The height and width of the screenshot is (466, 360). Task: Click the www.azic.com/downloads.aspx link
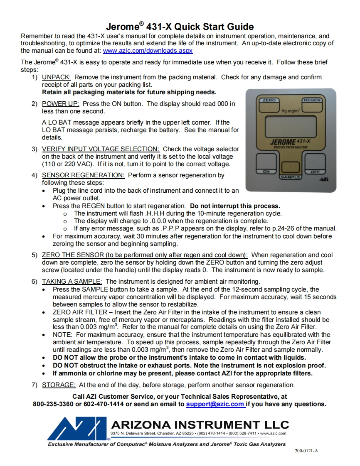148,51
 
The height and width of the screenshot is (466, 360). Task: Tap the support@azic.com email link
215,404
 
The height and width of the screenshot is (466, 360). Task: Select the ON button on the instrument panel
266,163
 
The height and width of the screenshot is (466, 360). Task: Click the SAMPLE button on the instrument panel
290,169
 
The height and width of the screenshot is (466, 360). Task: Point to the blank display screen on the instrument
290,125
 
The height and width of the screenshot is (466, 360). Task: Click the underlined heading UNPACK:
57,77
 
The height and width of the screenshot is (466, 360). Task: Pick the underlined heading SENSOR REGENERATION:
83,175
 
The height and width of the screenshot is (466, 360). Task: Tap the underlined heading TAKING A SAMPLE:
72,281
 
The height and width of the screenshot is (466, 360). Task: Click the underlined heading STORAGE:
59,385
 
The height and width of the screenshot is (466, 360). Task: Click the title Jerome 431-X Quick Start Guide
180,27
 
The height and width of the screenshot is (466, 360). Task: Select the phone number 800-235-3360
53,404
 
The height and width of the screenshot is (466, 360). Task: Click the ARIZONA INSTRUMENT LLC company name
200,424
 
